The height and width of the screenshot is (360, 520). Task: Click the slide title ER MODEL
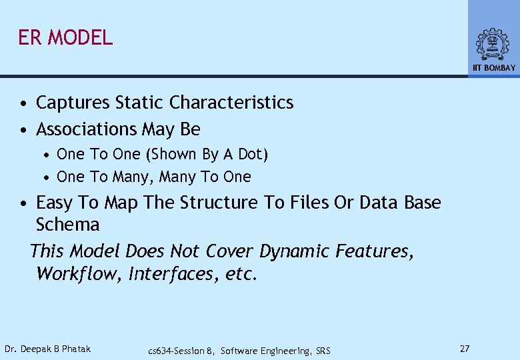point(65,37)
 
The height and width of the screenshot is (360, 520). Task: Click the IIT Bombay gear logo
point(493,44)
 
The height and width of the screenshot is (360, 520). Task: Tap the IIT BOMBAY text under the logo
point(494,68)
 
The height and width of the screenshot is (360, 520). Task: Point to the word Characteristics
point(231,103)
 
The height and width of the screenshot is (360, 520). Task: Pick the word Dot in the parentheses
point(251,154)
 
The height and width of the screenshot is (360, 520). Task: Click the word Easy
point(53,203)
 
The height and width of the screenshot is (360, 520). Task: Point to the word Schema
point(67,225)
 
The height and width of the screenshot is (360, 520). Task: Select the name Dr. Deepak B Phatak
point(47,349)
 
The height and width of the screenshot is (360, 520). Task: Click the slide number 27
point(465,349)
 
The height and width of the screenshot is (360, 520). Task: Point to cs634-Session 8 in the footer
point(181,351)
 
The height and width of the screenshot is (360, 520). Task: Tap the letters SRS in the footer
point(322,351)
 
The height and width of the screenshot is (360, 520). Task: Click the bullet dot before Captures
point(23,104)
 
